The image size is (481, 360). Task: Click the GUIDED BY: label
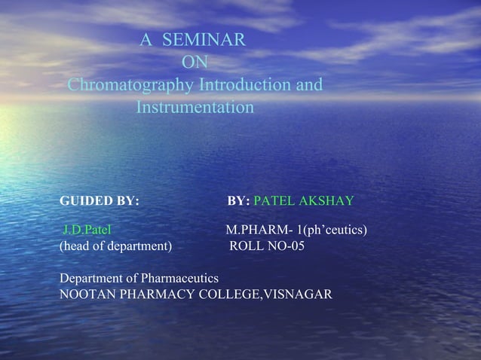point(99,201)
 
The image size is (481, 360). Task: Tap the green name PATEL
point(275,201)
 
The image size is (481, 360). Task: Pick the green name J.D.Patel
point(87,229)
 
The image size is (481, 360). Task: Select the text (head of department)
point(115,246)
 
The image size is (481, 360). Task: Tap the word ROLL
point(247,246)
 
